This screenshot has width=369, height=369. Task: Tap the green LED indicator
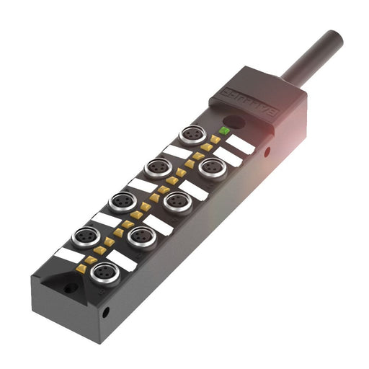click(224, 130)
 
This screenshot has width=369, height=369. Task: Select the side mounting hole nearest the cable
click(267, 152)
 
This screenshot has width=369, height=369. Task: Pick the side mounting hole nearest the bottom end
click(105, 313)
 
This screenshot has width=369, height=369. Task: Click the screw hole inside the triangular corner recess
click(70, 288)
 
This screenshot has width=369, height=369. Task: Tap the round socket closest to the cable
click(192, 135)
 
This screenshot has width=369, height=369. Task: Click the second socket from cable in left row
click(157, 168)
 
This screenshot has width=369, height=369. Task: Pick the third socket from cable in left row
click(122, 201)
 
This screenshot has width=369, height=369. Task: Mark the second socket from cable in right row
click(177, 201)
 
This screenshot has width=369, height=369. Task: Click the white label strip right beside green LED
click(241, 144)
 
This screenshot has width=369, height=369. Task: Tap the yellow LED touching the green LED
click(215, 138)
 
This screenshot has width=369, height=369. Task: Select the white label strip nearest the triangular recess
click(69, 254)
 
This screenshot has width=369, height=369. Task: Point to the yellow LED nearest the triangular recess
click(81, 268)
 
